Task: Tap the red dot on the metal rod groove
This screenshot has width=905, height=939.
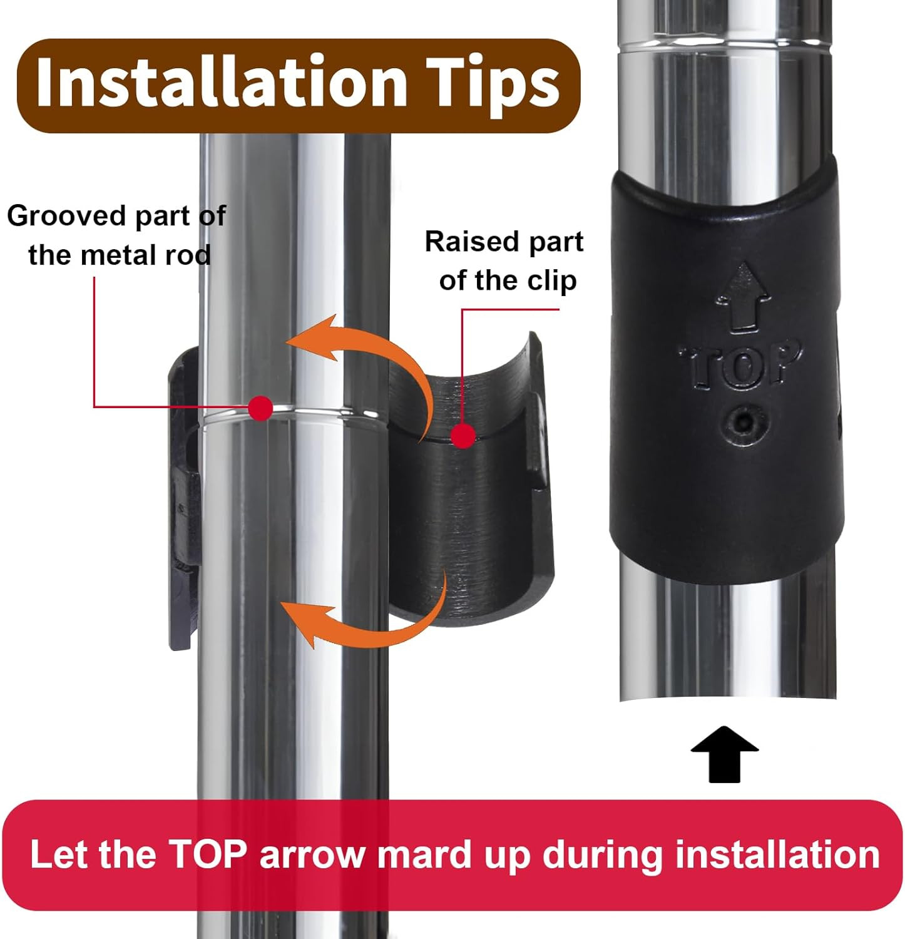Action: pos(260,408)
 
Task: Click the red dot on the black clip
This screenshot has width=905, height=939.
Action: pos(463,436)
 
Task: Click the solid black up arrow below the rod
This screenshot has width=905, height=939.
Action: pos(725,754)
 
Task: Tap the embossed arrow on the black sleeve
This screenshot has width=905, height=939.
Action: pos(743,297)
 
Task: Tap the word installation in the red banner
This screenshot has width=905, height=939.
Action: pos(777,854)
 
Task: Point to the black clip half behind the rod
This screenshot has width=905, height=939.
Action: pos(184,501)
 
